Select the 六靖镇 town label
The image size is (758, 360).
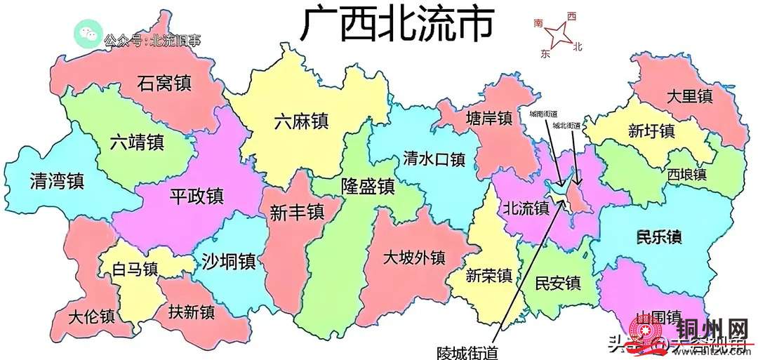137,142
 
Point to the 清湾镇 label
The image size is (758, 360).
57,182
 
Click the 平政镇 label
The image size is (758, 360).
196,196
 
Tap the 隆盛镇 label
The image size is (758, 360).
368,187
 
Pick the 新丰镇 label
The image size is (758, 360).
296,211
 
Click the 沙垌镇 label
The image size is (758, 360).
228,261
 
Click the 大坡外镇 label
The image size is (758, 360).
414,258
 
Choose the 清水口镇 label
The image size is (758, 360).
434,160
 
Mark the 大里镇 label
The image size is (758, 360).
689,96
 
